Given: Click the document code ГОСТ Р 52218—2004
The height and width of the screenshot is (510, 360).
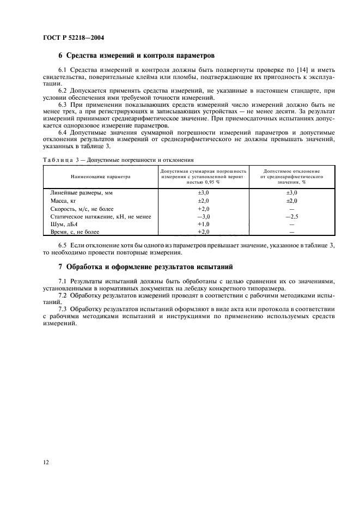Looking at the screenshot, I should click(x=74, y=38).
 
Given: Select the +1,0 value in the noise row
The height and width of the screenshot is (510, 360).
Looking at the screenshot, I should click(x=203, y=224).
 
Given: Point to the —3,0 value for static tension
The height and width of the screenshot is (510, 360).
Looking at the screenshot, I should click(x=203, y=216).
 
